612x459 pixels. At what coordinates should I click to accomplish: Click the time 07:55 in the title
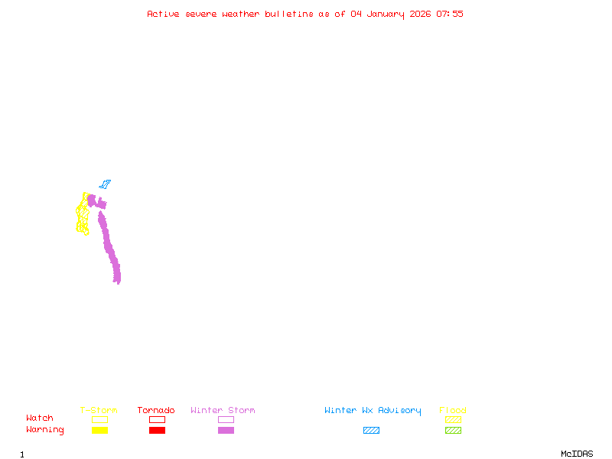click(x=450, y=14)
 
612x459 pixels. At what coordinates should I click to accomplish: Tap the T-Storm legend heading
click(x=99, y=411)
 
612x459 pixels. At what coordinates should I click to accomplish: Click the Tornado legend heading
click(x=156, y=411)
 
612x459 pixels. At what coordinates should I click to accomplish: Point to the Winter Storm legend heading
click(x=223, y=411)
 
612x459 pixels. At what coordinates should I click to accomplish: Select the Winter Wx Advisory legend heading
click(x=373, y=411)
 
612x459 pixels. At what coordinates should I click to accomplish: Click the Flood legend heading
click(x=453, y=411)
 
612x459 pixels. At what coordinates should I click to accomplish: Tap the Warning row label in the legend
click(x=45, y=430)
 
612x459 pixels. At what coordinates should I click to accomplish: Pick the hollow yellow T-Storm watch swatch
click(x=99, y=419)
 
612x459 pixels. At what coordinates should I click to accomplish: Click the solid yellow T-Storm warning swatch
click(x=99, y=430)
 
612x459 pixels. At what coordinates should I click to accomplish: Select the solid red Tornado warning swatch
click(x=157, y=430)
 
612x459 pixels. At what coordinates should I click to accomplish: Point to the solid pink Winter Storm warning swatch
click(x=226, y=430)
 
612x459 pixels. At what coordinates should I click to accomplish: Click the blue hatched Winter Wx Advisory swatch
click(x=371, y=430)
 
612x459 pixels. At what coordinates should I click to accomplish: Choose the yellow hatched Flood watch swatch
click(x=453, y=419)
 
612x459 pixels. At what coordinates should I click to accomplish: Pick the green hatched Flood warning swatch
click(x=453, y=430)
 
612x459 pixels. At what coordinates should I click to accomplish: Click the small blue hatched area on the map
click(x=105, y=184)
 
